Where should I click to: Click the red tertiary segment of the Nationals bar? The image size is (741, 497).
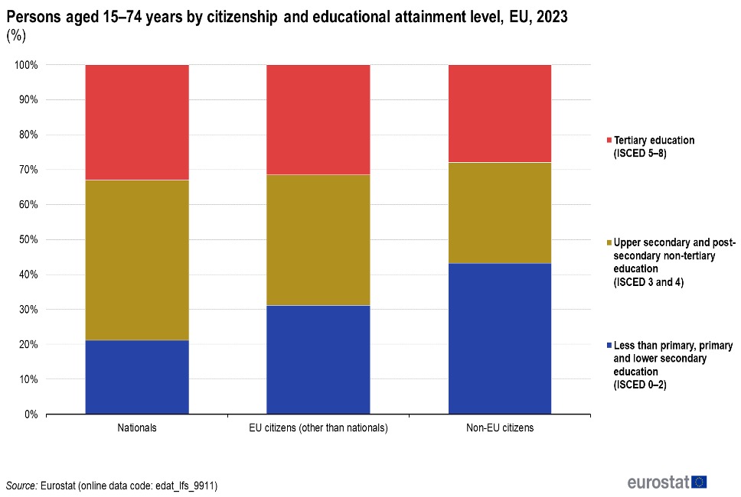(x=137, y=122)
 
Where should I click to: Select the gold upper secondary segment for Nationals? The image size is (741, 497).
(x=137, y=260)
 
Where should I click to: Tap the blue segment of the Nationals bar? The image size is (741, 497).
(x=137, y=377)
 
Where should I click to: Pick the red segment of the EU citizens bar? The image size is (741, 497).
(x=318, y=119)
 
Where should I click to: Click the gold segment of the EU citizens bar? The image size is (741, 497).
(x=318, y=240)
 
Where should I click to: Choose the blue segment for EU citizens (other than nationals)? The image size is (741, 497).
(x=318, y=359)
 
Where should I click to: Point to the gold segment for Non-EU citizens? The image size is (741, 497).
(x=499, y=213)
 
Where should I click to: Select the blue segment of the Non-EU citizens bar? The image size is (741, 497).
(x=499, y=338)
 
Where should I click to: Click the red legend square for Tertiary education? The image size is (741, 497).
(x=609, y=141)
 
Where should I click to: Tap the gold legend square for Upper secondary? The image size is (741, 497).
(x=609, y=242)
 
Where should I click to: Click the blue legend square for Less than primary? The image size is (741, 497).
(x=609, y=345)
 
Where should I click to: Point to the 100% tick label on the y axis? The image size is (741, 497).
(x=27, y=65)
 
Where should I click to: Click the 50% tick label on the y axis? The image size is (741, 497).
(x=28, y=239)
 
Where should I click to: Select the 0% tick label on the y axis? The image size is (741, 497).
(x=31, y=414)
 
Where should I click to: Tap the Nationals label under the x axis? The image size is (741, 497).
(x=137, y=428)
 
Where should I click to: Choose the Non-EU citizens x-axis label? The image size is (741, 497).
(x=500, y=428)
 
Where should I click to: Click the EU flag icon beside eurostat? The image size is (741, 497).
(x=699, y=482)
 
